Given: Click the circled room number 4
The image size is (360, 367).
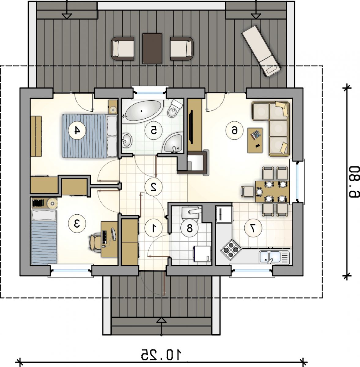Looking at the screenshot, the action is point(77,131).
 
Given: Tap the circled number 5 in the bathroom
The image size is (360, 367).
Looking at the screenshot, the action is point(154,131).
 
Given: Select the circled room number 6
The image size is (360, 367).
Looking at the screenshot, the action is point(234,131).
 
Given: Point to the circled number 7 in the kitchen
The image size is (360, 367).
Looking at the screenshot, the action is point(253,228).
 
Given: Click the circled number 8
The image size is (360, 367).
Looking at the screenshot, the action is point(189,228).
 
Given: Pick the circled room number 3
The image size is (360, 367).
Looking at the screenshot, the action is point(77,223).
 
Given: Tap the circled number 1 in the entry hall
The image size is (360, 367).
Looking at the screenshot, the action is point(154,228).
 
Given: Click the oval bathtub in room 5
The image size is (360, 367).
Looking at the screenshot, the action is point(143,111).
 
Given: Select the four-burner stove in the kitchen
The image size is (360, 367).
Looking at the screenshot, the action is point(231,250).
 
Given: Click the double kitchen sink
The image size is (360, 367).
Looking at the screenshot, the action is point(274,257).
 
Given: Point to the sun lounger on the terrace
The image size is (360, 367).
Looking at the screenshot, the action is point(262,51).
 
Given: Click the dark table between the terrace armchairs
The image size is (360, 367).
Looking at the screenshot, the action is point(152,49).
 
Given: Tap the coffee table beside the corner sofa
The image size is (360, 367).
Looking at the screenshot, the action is point(255,140).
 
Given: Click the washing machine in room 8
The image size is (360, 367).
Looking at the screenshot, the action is point(202,254).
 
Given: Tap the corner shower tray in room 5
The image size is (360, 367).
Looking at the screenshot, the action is point(173,143).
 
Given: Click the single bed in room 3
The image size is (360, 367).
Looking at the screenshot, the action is point(44,237).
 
